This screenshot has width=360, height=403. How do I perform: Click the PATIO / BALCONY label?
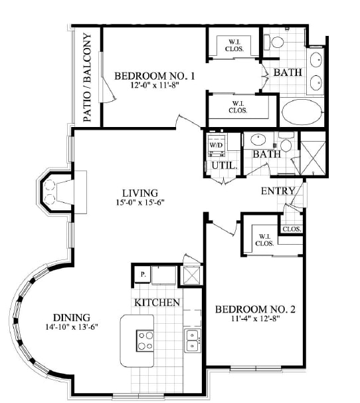pos(87,77)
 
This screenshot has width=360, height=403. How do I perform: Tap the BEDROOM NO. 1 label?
pos(154,76)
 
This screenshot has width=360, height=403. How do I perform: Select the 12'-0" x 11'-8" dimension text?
pos(154,85)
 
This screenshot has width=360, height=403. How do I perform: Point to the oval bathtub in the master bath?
pos(302,112)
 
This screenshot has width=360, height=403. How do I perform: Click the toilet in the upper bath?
pos(274,42)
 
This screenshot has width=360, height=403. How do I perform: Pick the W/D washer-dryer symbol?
pos(217,145)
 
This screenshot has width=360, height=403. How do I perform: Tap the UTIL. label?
pos(224,166)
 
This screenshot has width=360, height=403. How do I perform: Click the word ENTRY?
pos(278,191)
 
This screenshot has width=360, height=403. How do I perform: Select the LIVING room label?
pos(140,193)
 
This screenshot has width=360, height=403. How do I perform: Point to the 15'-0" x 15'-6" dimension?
pos(140,203)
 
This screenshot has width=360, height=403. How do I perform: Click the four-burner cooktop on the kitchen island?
pos(145,340)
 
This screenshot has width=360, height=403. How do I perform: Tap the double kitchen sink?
pos(192,340)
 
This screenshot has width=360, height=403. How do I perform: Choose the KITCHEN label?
pos(157,303)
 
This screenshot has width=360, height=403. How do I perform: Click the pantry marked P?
pos(143,275)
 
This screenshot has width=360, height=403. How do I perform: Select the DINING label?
pos(72,318)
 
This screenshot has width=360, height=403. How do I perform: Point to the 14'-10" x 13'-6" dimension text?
pos(72,327)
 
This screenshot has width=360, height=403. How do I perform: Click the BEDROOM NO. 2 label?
pos(255,309)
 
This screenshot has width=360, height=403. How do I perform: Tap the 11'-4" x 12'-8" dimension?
pos(255,319)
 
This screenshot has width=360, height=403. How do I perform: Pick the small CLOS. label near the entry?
pos(292,229)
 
